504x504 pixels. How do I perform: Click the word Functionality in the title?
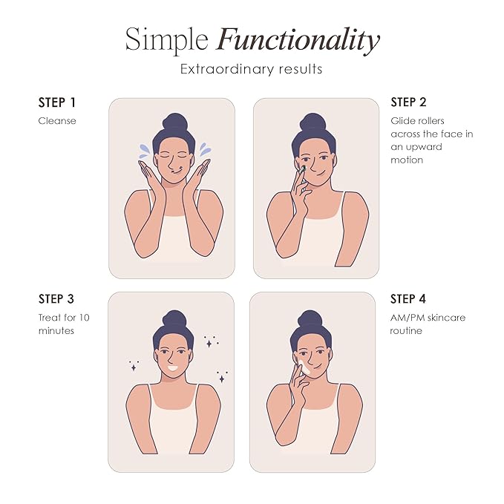point(298,41)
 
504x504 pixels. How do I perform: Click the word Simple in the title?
point(167,41)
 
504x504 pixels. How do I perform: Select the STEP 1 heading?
point(57,102)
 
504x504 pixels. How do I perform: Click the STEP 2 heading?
point(408,102)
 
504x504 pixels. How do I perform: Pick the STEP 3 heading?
point(56,299)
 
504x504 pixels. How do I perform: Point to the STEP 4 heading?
point(408,299)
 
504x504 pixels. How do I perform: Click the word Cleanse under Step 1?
point(57,121)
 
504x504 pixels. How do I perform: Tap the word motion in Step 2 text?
point(407,160)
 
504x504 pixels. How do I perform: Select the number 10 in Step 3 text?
point(84,318)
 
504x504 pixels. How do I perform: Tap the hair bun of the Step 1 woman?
point(174,122)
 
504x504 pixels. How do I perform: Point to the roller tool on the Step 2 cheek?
point(302,170)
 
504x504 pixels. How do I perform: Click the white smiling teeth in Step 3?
point(173,367)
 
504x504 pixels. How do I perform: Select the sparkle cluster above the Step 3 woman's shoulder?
point(134,366)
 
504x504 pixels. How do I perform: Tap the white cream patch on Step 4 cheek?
point(304,367)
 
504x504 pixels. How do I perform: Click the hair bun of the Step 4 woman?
point(310,319)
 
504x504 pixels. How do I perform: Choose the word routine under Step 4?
point(406,331)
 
